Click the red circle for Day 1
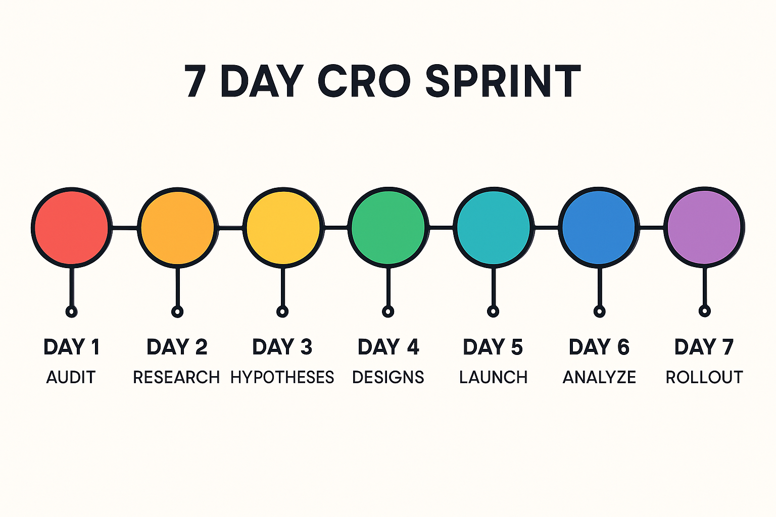click(x=72, y=228)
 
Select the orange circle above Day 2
click(x=178, y=228)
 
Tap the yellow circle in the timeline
click(x=283, y=228)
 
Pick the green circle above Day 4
click(x=389, y=228)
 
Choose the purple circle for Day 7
click(x=704, y=228)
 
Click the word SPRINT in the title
click(x=503, y=81)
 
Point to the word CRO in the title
click(x=364, y=81)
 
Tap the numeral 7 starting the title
click(x=195, y=81)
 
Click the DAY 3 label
click(x=282, y=347)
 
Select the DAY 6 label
click(x=599, y=347)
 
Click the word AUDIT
click(x=71, y=377)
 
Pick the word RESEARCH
click(x=176, y=377)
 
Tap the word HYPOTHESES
click(x=282, y=377)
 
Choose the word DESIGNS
click(x=388, y=377)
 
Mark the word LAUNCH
click(x=493, y=377)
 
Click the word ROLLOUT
click(x=704, y=377)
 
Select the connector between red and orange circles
click(x=125, y=228)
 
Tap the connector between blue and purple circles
click(x=652, y=228)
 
